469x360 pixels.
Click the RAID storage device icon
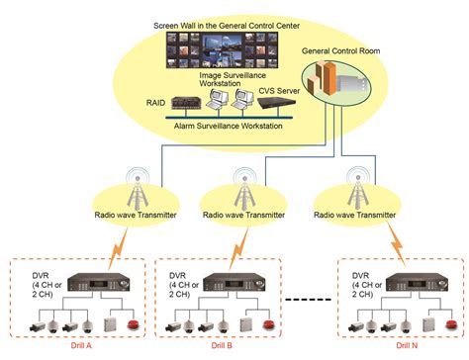coord(186,103)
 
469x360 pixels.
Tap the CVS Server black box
coord(277,103)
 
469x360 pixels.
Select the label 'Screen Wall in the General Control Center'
coord(227,26)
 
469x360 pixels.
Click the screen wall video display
coord(222,50)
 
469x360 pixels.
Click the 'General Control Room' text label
coord(340,51)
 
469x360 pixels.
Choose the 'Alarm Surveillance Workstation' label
coord(229,126)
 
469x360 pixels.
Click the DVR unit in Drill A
coord(99,283)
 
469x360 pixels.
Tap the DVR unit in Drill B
coord(234,283)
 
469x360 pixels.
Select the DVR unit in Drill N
coord(417,283)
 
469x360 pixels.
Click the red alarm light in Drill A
coord(134,324)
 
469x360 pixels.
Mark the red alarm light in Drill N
coord(452,324)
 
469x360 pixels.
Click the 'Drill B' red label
coord(222,345)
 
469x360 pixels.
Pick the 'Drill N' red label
coord(407,345)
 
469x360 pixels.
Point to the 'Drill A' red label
coord(81,345)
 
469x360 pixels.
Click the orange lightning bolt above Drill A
coord(118,248)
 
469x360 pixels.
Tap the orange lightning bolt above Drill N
coord(396,243)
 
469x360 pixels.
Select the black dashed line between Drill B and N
coord(308,300)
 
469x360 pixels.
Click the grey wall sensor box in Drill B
coord(245,324)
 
